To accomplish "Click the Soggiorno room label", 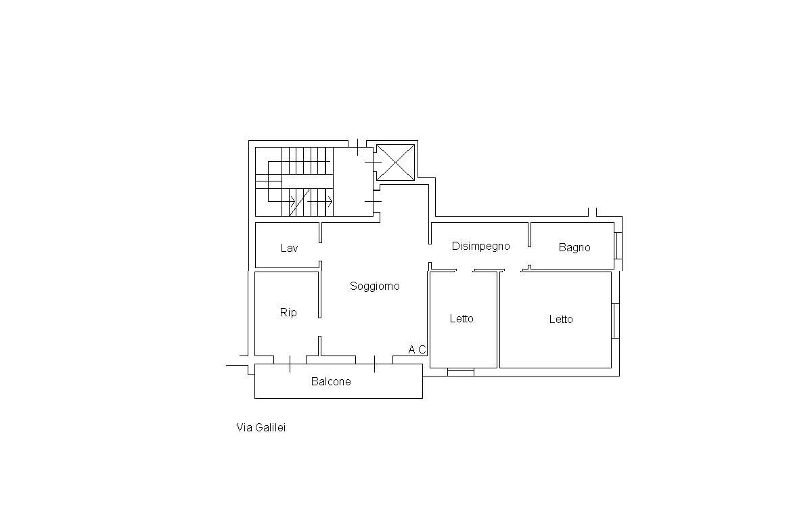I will click(x=375, y=286).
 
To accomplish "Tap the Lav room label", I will click(x=289, y=249).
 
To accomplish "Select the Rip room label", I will click(x=288, y=313).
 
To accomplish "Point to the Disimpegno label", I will click(x=480, y=246).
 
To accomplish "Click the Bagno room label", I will click(x=574, y=248).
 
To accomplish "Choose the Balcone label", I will click(x=331, y=382).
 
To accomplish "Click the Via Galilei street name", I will click(x=261, y=428).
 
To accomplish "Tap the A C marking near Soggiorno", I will click(x=418, y=350).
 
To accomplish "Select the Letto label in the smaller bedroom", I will click(x=461, y=318).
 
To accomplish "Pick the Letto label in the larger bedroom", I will click(x=561, y=320).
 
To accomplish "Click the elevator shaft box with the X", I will click(x=394, y=163).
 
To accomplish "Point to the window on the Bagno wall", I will click(x=618, y=246).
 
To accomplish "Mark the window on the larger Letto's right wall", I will click(x=615, y=320).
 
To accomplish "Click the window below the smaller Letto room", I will click(x=461, y=372).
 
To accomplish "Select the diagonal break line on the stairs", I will click(x=300, y=202).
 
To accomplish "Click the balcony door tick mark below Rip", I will click(x=290, y=364).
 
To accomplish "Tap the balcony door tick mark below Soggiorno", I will click(x=375, y=364).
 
